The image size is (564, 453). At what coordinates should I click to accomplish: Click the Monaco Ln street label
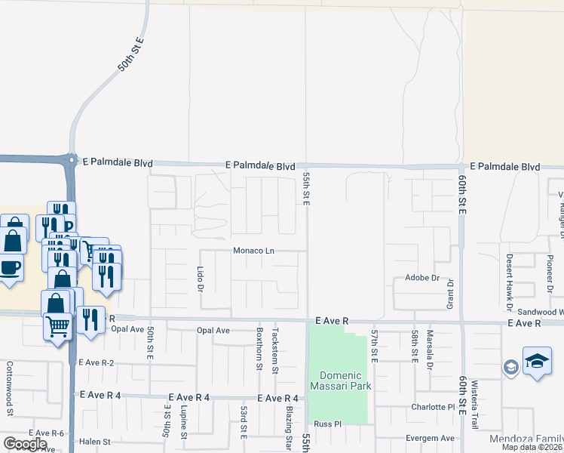click(252, 250)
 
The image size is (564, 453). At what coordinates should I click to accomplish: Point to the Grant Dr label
click(451, 292)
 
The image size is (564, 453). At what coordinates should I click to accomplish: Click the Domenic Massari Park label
click(341, 381)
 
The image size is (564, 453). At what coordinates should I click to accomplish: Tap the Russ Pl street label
click(328, 424)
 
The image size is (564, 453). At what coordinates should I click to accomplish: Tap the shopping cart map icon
click(57, 327)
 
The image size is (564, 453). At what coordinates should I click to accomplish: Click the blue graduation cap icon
click(537, 362)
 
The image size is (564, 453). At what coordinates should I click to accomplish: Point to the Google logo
click(26, 443)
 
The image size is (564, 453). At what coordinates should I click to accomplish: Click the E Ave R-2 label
click(96, 362)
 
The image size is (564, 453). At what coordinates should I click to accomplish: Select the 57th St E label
click(375, 345)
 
